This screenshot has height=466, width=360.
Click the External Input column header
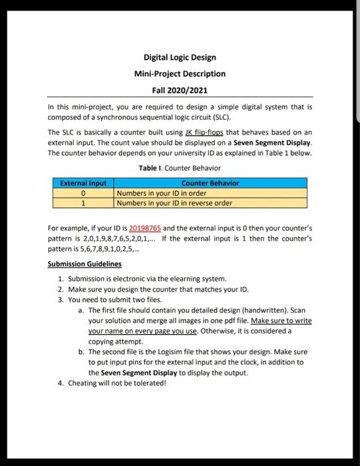click(83, 182)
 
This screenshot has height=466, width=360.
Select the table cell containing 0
click(83, 193)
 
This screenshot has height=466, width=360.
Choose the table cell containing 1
click(83, 203)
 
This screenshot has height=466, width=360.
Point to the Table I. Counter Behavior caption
click(180, 168)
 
